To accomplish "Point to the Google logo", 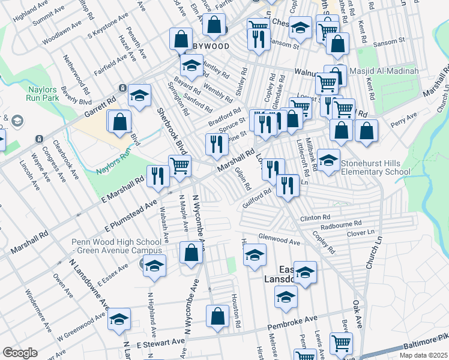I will [x=20, y=353].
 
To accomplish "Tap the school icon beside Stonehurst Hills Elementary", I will [x=328, y=160].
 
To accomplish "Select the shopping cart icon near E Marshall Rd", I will [x=179, y=166].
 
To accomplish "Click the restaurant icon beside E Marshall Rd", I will [x=158, y=175].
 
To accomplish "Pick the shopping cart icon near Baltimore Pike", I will [x=340, y=344].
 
